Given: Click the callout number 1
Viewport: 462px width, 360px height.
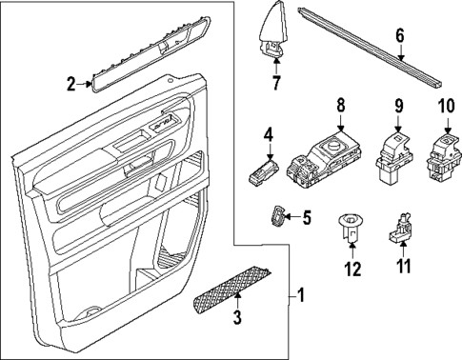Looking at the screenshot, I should [x=303, y=296].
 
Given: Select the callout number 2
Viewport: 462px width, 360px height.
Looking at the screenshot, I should [x=70, y=85].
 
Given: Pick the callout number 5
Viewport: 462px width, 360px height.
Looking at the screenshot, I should [x=306, y=217].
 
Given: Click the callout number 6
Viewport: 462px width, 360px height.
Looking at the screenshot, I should [x=400, y=36].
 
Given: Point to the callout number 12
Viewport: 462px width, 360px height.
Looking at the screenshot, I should [x=353, y=270].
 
